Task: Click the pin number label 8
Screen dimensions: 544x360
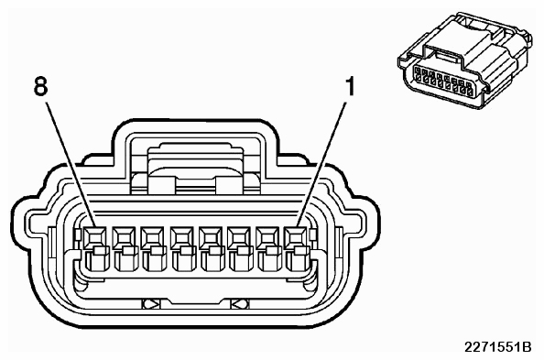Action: [x=40, y=86]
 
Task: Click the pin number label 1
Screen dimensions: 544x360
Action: [x=351, y=86]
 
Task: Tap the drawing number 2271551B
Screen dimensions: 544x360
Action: [x=498, y=347]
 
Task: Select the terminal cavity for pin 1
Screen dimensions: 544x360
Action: [x=296, y=248]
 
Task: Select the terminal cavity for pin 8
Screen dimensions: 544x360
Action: [x=94, y=248]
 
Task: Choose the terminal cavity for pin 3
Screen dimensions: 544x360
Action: [x=240, y=248]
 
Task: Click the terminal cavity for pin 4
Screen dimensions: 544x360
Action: [x=211, y=248]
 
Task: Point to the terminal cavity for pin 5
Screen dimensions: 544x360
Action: [x=182, y=248]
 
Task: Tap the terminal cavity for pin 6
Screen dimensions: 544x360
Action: [x=153, y=248]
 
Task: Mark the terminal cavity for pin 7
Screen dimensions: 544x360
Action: [x=124, y=248]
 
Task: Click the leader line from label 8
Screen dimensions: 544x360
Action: [x=71, y=164]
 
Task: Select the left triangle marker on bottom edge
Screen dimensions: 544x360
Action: [x=151, y=304]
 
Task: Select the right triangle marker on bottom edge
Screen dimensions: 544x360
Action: [x=240, y=304]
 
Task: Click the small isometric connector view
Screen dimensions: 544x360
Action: [x=465, y=60]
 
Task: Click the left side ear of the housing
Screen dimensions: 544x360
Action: [x=21, y=225]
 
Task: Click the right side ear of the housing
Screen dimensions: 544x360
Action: [x=369, y=225]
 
